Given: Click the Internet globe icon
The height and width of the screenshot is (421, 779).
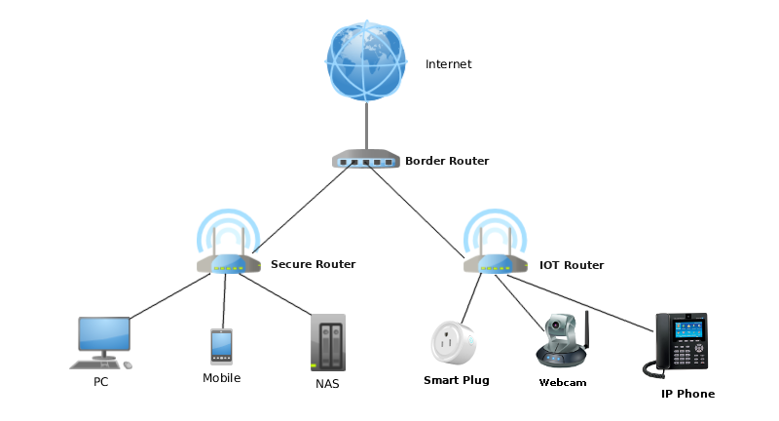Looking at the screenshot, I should (x=366, y=61).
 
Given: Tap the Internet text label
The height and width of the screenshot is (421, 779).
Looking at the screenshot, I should (x=448, y=64).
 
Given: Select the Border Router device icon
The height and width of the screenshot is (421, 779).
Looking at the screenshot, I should (x=365, y=160).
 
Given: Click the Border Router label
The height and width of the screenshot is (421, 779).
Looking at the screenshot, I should (x=447, y=161).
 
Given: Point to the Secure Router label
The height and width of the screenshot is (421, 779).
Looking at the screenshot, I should (x=313, y=264).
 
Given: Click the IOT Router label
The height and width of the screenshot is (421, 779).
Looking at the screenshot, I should (x=572, y=265).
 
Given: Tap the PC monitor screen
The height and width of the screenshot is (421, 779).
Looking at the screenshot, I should (x=104, y=333).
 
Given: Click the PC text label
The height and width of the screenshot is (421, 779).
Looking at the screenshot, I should (x=101, y=382).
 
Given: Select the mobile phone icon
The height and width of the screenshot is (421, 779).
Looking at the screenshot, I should (x=221, y=346).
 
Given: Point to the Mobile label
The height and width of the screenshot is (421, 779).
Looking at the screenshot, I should (x=221, y=378).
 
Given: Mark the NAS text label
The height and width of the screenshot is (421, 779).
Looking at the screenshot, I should (x=328, y=384).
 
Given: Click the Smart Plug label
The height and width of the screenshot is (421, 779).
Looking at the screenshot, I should (x=456, y=380).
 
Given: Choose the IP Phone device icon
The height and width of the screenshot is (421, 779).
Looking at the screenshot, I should (x=681, y=343).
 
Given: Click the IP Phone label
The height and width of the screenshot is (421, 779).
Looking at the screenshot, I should (x=687, y=394).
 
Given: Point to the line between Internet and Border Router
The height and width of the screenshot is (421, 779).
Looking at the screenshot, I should (x=366, y=127).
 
